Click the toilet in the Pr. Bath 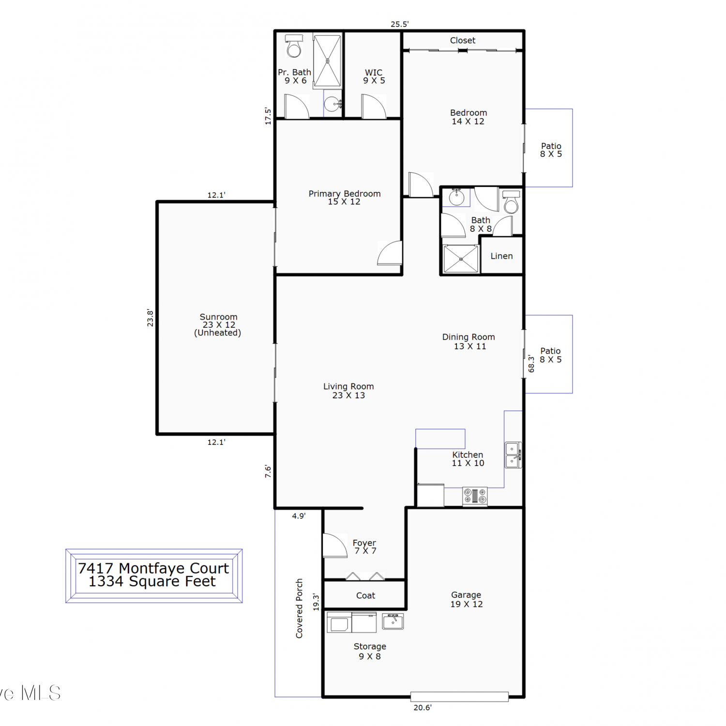(294, 45)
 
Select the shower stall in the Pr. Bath (327, 61)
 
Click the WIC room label (374, 73)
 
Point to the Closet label (463, 41)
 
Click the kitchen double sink (513, 455)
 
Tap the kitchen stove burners (475, 496)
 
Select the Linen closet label (501, 256)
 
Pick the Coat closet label (365, 596)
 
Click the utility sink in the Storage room (393, 621)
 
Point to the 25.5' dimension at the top (400, 24)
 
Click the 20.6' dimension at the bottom (423, 708)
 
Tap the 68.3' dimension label (531, 363)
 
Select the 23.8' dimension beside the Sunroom (150, 318)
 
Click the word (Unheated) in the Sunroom (217, 333)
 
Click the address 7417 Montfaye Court (153, 568)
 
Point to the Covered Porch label (299, 608)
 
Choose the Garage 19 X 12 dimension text (467, 605)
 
